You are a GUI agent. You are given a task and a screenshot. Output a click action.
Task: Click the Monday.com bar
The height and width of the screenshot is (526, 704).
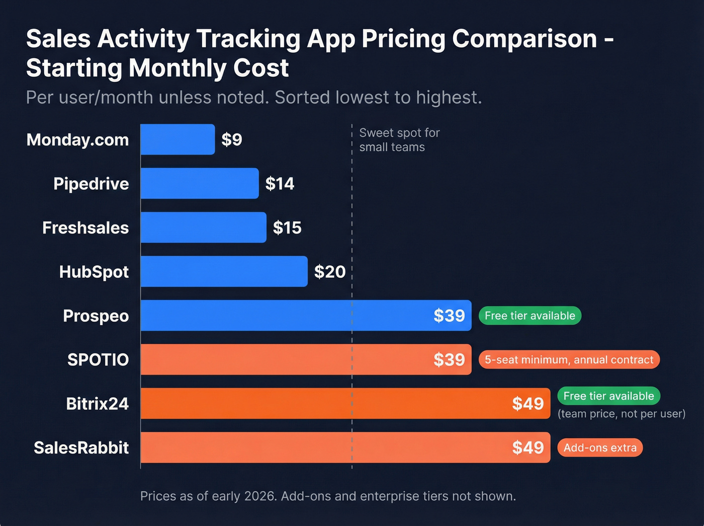(x=178, y=139)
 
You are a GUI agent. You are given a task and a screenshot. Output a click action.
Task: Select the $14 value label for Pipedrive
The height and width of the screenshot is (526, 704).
(x=280, y=184)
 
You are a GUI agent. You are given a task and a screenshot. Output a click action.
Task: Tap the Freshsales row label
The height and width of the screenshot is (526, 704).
(x=85, y=228)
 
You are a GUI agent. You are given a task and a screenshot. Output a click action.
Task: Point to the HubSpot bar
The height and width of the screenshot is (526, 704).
(x=224, y=271)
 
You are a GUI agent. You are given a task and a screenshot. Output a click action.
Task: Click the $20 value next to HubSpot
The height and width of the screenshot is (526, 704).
(x=330, y=272)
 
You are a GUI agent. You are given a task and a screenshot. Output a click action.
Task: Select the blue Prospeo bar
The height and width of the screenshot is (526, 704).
(x=282, y=316)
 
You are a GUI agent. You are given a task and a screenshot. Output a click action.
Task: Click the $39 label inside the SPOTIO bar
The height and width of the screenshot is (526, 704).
(x=449, y=359)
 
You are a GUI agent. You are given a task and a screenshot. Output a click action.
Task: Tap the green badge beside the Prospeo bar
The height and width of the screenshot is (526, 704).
(x=530, y=316)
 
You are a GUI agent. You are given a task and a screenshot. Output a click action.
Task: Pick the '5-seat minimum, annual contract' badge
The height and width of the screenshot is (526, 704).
(x=569, y=359)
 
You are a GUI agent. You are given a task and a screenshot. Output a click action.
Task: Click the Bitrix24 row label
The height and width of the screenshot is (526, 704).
(x=97, y=404)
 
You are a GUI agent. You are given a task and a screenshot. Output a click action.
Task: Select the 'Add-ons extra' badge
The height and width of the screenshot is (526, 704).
(x=599, y=447)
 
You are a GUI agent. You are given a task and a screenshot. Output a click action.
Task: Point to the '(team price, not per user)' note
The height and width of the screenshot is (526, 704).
(x=621, y=414)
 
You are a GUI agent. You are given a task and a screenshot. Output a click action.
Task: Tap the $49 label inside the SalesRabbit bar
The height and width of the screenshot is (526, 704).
(x=527, y=447)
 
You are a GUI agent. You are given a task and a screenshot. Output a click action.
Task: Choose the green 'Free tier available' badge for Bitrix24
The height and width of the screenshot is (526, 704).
(x=608, y=396)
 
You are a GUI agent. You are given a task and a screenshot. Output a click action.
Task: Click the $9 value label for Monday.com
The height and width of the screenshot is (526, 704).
(x=232, y=139)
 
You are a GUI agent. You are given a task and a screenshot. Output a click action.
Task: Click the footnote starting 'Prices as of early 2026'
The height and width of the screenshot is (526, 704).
(x=328, y=496)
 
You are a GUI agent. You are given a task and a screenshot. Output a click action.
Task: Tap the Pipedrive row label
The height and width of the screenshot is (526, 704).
(x=91, y=184)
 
